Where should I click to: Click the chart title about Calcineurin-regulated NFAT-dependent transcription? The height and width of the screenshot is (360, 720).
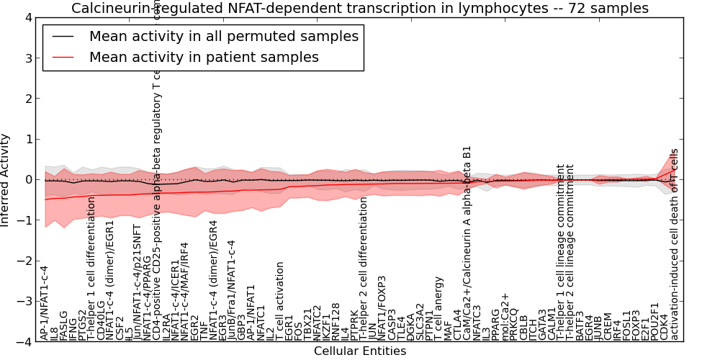click(x=359, y=8)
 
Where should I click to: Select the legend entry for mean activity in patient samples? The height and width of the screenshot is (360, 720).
click(x=204, y=56)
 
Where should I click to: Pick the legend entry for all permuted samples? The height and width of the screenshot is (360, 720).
click(x=223, y=36)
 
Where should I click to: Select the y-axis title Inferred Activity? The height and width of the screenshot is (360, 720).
click(x=6, y=180)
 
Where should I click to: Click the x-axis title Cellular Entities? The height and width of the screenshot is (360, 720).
click(x=359, y=351)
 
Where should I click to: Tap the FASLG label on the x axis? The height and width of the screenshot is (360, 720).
click(x=63, y=325)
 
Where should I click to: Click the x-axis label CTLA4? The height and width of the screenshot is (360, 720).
click(x=456, y=325)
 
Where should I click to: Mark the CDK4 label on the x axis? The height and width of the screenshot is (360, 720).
click(x=663, y=327)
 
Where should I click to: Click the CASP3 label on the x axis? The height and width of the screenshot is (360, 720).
click(x=392, y=325)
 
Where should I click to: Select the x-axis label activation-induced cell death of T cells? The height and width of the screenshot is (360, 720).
click(x=674, y=245)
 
